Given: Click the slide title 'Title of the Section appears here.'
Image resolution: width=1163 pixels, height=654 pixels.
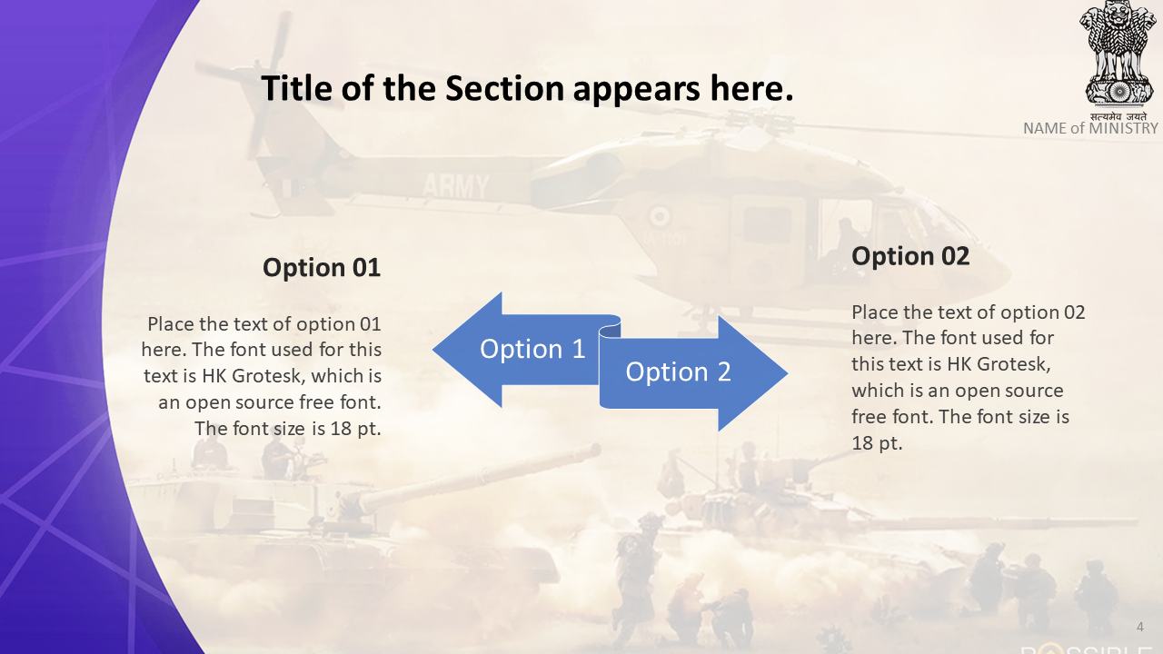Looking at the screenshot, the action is click(x=527, y=89).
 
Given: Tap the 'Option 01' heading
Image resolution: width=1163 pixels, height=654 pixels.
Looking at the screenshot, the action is click(x=322, y=268).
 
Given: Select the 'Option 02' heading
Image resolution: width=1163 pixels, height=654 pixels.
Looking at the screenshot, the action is click(x=910, y=256).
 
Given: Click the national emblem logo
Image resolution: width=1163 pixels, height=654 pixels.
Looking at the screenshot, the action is click(x=1118, y=54).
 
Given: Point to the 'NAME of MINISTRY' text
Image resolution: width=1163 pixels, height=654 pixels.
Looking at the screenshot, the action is click(x=1090, y=128).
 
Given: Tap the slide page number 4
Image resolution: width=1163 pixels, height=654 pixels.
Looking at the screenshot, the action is click(x=1139, y=627).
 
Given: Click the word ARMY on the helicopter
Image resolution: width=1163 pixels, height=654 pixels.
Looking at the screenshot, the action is click(x=456, y=186).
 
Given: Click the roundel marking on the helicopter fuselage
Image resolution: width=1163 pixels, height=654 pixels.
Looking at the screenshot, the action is click(x=660, y=217).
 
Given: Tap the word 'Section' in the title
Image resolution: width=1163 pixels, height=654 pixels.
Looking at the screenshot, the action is click(x=504, y=89).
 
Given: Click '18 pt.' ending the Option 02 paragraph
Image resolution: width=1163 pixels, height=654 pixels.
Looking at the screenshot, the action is click(x=877, y=443).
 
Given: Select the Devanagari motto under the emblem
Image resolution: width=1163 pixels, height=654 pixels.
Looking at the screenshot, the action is click(x=1118, y=116).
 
